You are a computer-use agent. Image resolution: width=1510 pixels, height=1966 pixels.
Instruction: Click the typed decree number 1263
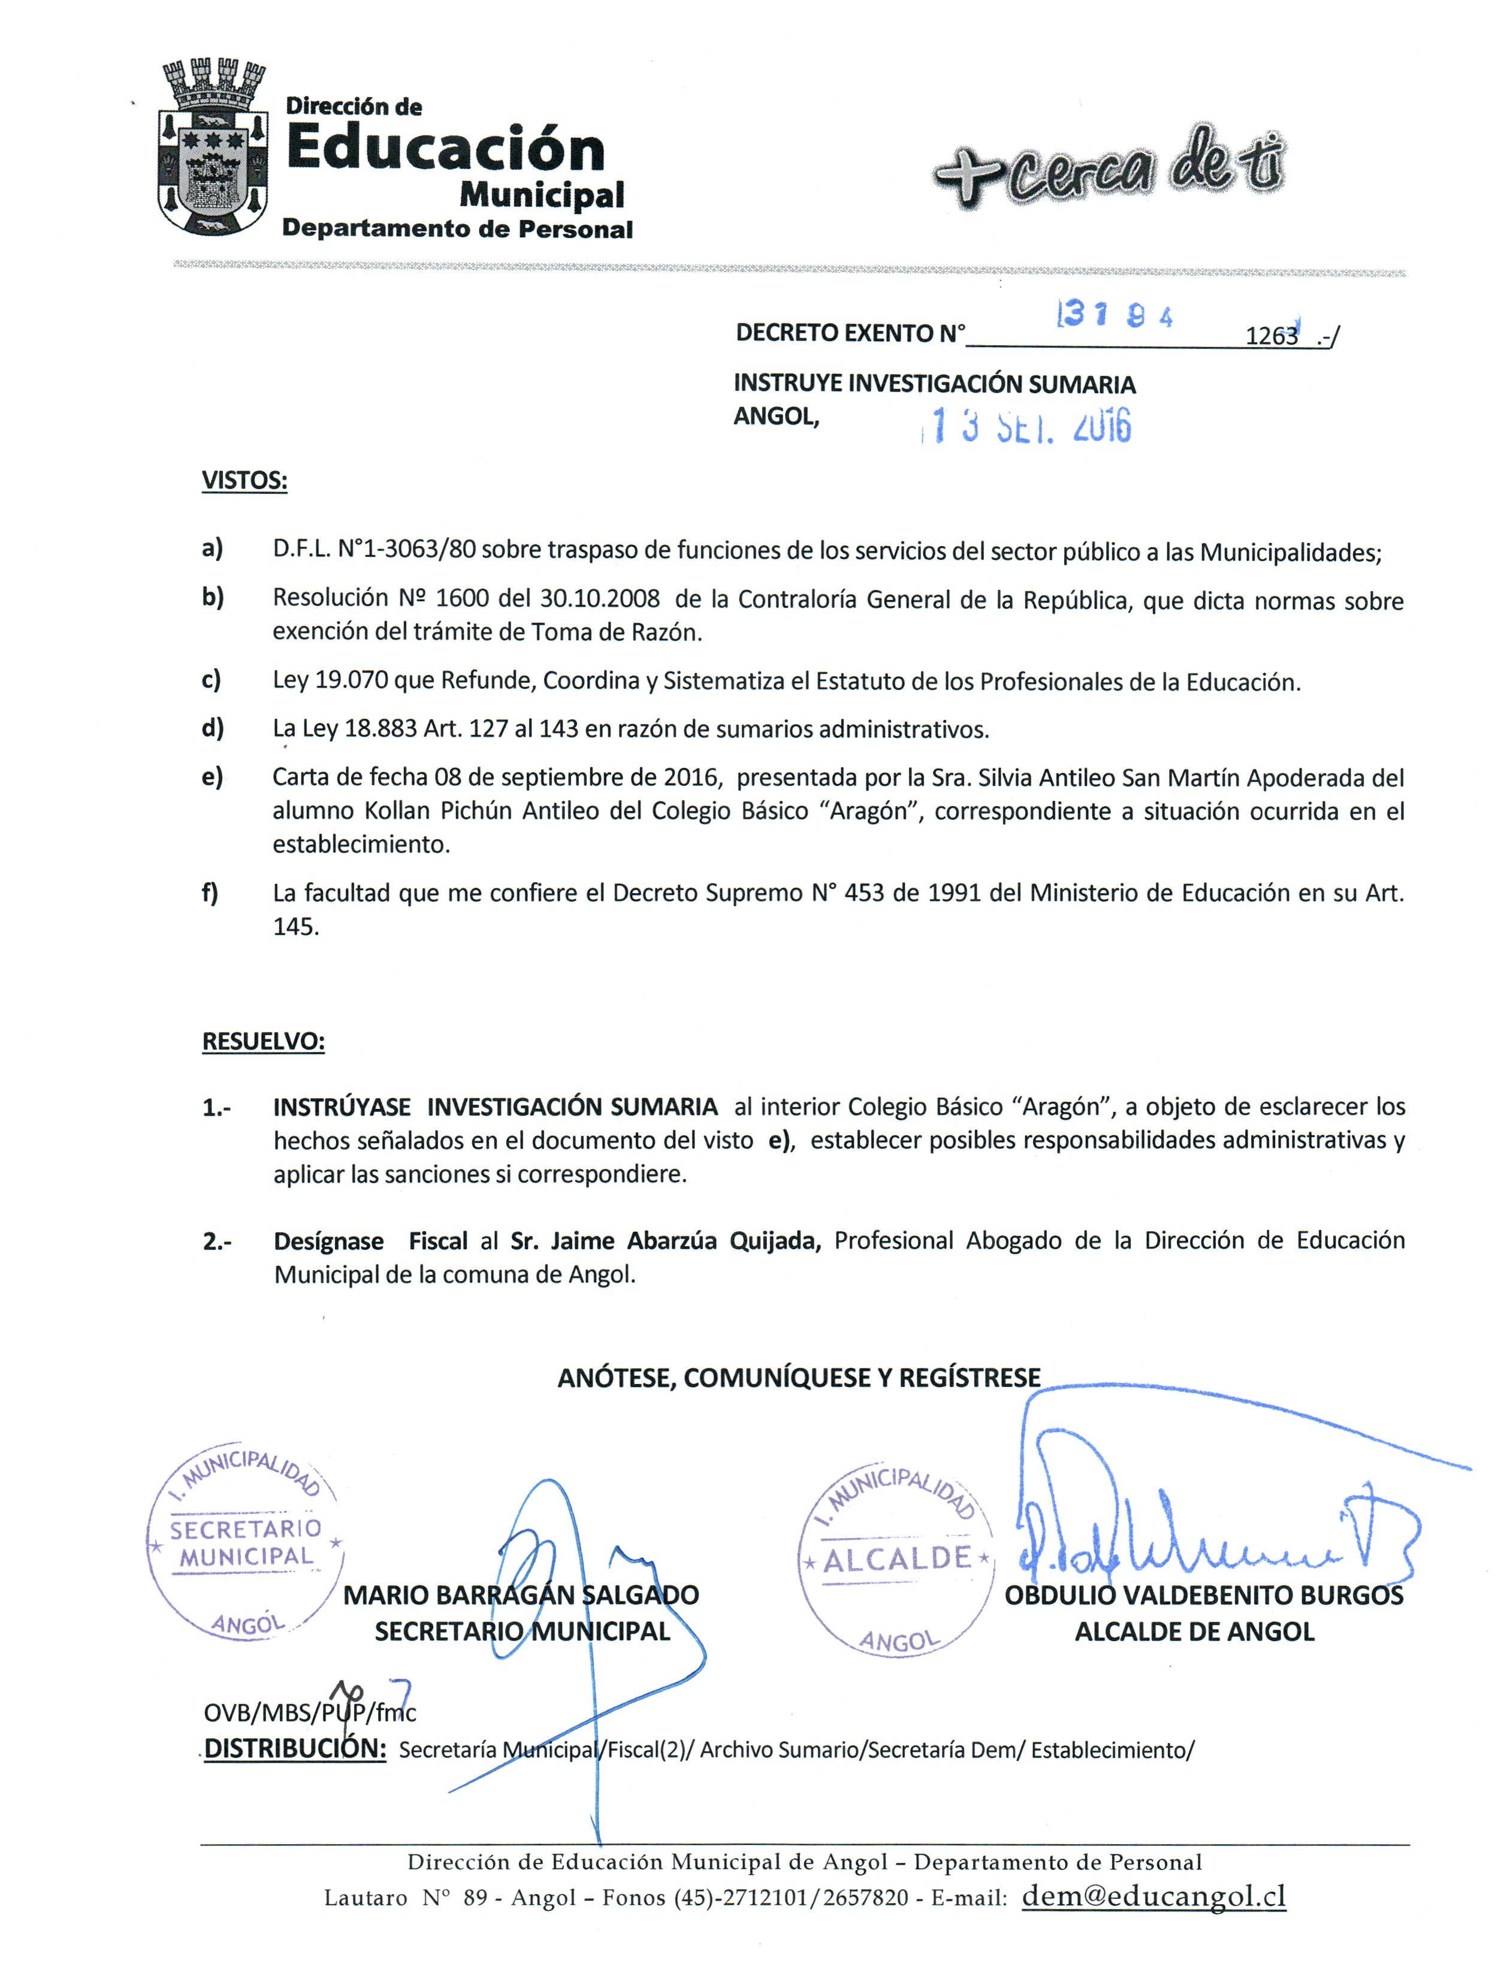click(1271, 336)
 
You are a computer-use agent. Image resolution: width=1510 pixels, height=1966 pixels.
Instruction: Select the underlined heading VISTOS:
click(244, 480)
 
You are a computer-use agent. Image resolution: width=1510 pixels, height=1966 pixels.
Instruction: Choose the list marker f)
click(210, 892)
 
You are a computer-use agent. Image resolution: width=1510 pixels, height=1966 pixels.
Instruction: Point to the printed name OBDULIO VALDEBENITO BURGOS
click(1203, 1596)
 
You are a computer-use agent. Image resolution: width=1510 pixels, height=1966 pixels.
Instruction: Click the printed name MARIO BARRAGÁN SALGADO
click(521, 1596)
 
